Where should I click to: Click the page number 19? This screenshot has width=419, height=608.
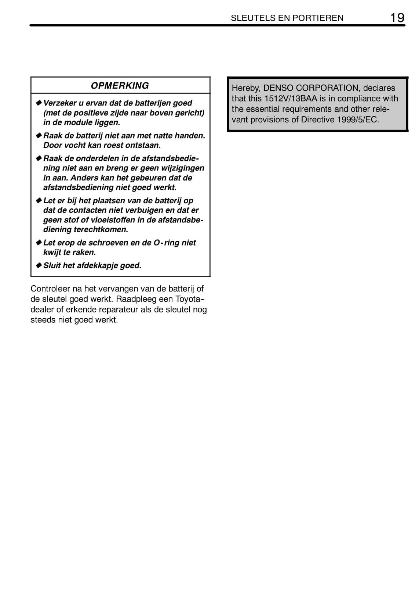pos(397,18)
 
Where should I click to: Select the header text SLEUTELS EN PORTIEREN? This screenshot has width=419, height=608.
pos(287,18)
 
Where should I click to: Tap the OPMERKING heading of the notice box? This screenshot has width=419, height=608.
pos(120,86)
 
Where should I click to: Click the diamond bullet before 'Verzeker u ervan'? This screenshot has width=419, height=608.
pos(39,103)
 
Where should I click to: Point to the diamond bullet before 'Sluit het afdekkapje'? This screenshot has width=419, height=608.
pos(39,265)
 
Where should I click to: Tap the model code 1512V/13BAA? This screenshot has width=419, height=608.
pos(291,99)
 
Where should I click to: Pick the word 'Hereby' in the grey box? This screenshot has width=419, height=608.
pos(245,88)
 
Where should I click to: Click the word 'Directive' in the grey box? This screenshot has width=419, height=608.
pos(318,119)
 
